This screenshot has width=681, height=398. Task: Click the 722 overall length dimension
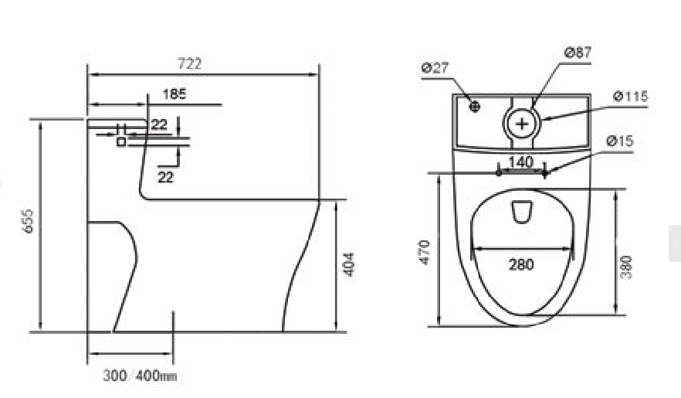point(190,64)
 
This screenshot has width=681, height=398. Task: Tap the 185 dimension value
point(174,94)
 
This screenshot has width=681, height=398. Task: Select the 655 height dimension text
point(27,221)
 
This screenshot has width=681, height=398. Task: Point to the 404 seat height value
point(348,264)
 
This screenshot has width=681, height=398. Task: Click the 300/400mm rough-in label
point(140,376)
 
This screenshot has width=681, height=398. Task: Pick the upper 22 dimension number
point(159,124)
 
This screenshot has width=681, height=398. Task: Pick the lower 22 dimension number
point(165,177)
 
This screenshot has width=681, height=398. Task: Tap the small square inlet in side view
point(121,141)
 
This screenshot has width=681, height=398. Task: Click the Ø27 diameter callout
point(435,68)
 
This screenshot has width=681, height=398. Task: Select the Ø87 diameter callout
point(578,53)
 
